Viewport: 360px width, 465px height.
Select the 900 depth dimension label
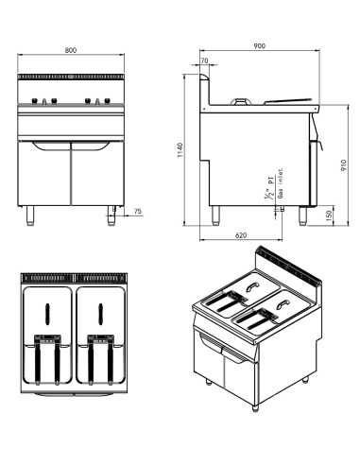(260, 45)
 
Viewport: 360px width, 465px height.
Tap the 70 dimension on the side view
(205, 61)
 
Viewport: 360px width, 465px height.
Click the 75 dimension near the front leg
(138, 213)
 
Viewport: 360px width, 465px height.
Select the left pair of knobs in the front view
(43, 100)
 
